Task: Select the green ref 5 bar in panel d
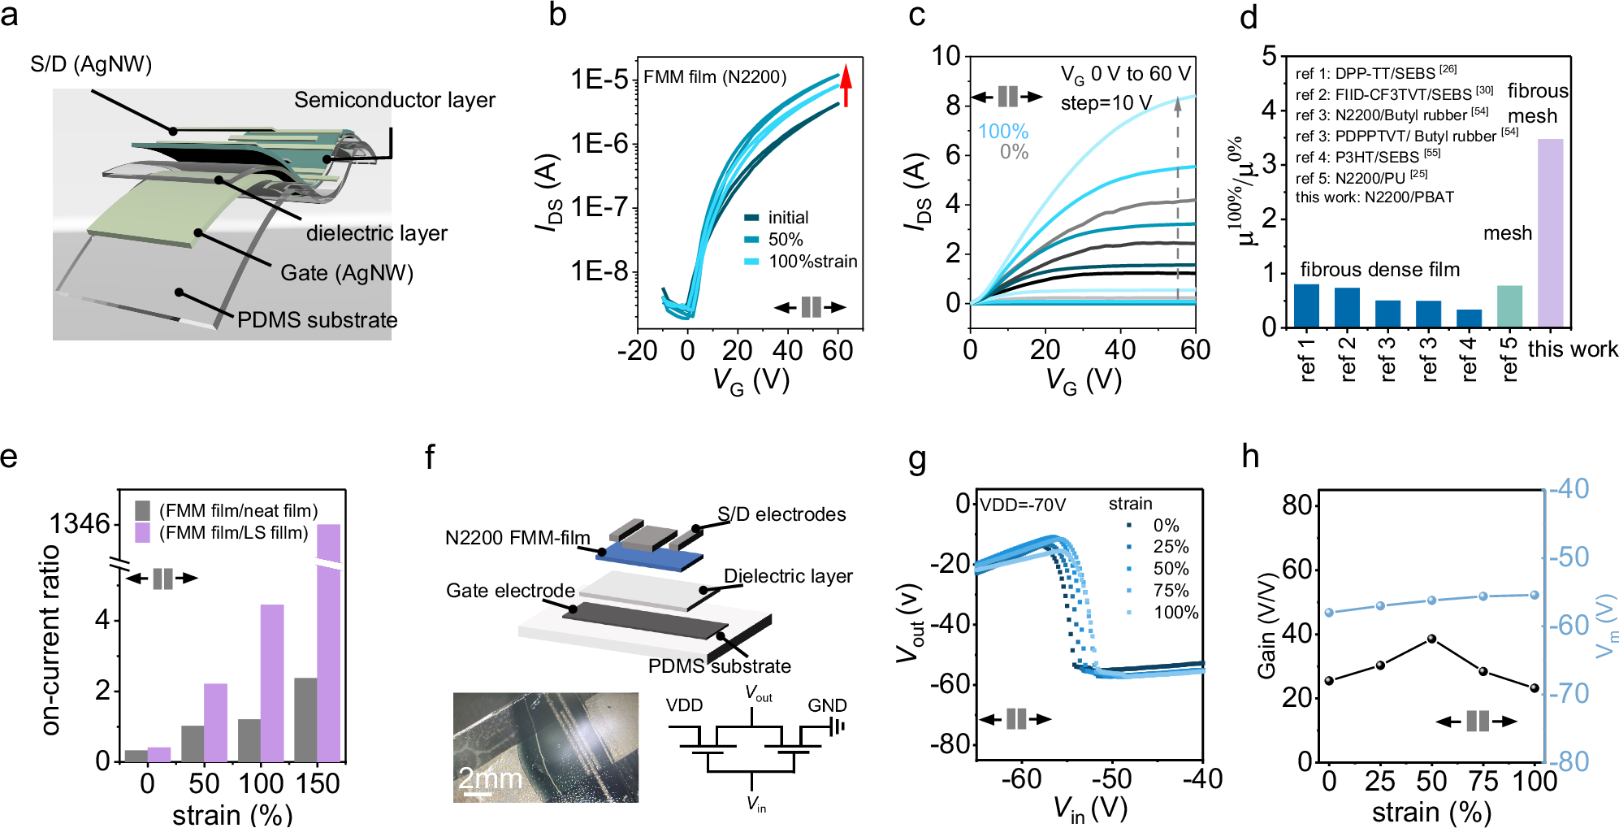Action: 1509,306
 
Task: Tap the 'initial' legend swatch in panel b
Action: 751,218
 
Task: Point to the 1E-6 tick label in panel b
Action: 600,144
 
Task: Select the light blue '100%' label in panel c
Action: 1002,132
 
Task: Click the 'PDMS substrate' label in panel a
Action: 317,320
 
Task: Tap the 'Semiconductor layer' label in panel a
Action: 394,100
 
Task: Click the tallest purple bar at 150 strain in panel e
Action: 328,642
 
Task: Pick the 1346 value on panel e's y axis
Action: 79,524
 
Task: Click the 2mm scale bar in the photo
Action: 477,794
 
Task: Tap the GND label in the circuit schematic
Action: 826,705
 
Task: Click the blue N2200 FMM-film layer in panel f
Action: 650,559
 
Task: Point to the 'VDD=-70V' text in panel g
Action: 1022,505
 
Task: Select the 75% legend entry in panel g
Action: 1170,591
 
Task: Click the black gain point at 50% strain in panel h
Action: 1431,639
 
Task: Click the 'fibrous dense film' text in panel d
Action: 1379,270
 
